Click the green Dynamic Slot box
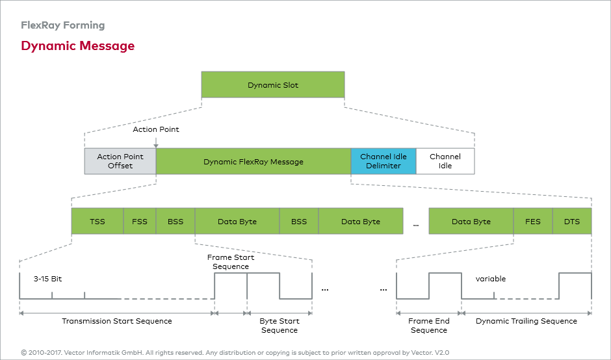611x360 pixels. pos(273,84)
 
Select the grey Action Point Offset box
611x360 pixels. pos(120,161)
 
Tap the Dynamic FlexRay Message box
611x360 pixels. pos(253,161)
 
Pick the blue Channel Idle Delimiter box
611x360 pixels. pos(383,161)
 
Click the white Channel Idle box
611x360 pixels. pos(445,161)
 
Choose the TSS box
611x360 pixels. pos(97,221)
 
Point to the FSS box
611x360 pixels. pos(140,221)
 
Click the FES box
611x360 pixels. pos(533,221)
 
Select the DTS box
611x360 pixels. pos(572,221)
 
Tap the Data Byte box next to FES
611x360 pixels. pos(471,221)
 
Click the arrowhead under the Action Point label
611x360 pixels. pos(156,146)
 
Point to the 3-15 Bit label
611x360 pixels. pos(47,279)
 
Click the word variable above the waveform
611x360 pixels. pos(491,279)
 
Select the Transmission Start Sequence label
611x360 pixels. pos(117,321)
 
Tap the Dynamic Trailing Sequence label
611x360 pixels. pos(526,321)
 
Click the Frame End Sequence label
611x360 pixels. pos(428,326)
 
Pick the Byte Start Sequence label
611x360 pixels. pos(279,326)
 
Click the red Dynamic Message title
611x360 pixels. pos(78,46)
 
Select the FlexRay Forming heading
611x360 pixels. pos(63,25)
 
